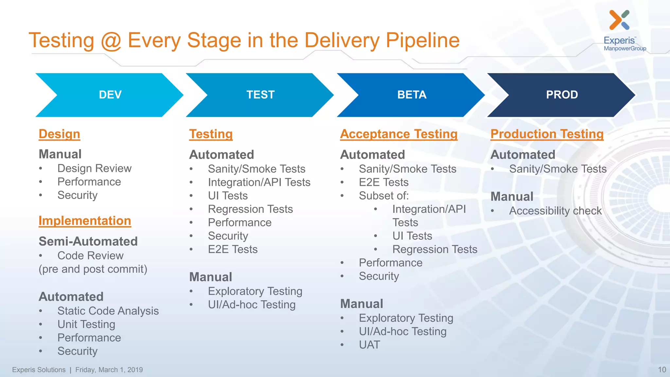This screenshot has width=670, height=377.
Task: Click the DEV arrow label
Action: click(110, 95)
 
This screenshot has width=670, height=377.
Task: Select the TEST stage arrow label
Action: click(260, 95)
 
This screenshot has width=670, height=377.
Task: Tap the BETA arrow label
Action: click(412, 95)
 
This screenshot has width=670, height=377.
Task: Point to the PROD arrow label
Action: click(562, 95)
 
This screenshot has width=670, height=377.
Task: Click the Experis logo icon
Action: click(619, 20)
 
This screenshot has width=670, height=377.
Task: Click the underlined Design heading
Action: click(59, 134)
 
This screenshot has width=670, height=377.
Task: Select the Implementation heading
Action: click(85, 221)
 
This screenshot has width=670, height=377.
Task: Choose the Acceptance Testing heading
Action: click(398, 134)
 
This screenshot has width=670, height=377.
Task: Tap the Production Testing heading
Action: click(547, 134)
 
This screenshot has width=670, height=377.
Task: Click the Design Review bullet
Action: click(94, 168)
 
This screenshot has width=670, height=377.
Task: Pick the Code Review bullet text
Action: click(90, 256)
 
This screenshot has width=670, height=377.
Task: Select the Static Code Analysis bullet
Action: click(108, 311)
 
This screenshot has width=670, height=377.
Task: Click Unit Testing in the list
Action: click(86, 324)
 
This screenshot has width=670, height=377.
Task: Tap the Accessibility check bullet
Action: click(555, 211)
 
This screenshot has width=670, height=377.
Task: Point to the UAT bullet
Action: click(369, 345)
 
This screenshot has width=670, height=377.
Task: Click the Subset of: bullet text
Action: click(384, 196)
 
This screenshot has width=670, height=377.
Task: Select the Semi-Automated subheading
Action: click(88, 242)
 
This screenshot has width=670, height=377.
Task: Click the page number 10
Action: click(662, 370)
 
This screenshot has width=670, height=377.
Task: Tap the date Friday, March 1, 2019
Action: click(109, 370)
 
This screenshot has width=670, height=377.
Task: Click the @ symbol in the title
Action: click(111, 41)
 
